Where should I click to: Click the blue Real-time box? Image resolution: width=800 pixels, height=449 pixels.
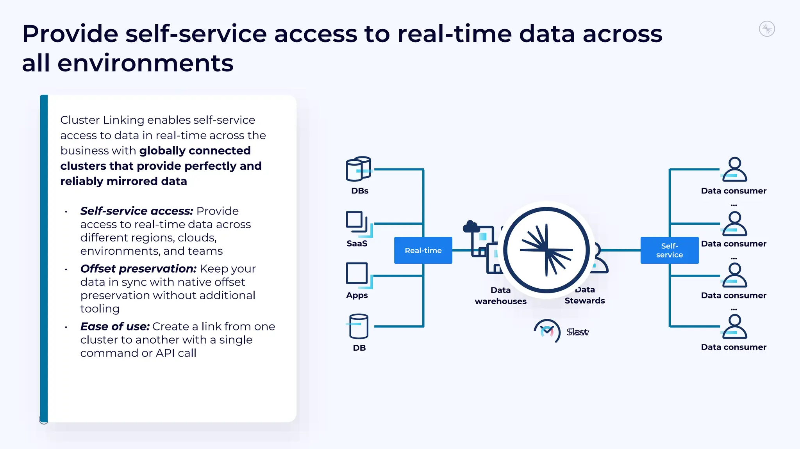423,250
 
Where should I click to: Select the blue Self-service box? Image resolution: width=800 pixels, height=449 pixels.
669,250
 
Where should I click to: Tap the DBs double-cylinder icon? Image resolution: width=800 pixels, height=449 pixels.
358,169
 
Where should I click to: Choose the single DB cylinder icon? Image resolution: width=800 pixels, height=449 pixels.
359,327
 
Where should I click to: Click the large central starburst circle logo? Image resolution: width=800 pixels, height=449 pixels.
546,250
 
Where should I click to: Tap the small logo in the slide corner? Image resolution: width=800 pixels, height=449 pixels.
767,29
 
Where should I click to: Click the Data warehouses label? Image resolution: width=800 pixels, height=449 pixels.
500,296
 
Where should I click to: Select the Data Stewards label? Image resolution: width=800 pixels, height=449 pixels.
584,295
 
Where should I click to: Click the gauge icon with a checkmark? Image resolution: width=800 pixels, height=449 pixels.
547,331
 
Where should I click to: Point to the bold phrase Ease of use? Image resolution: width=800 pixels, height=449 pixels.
115,327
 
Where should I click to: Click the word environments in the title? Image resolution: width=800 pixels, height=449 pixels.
145,63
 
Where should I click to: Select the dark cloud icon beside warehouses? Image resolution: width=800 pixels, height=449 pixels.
471,227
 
